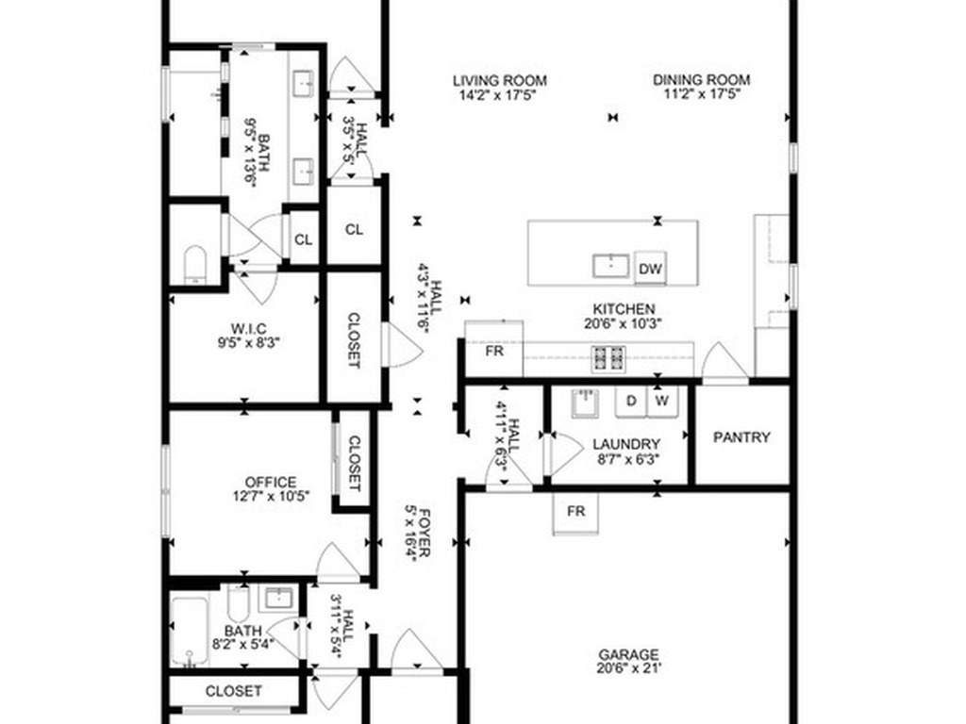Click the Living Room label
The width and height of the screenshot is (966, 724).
click(x=500, y=81)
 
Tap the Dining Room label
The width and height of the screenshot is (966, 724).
click(x=701, y=80)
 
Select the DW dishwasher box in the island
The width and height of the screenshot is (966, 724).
click(x=650, y=269)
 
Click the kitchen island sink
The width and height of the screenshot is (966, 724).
click(x=610, y=266)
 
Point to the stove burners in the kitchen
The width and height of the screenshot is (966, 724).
click(x=608, y=358)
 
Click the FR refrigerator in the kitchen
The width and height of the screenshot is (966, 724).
click(x=493, y=349)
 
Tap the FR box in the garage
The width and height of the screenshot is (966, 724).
click(x=575, y=513)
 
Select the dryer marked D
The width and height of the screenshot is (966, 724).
click(x=631, y=402)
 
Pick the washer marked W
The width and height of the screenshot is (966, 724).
click(x=661, y=402)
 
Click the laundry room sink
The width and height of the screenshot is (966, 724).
click(x=585, y=403)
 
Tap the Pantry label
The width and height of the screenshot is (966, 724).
click(x=741, y=437)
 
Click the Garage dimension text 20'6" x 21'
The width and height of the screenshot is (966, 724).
click(x=629, y=668)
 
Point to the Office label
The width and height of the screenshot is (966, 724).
click(x=271, y=482)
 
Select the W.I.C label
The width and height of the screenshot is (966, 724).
click(x=249, y=329)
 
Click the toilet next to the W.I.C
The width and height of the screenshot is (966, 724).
click(x=195, y=265)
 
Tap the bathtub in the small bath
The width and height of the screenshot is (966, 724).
click(x=190, y=631)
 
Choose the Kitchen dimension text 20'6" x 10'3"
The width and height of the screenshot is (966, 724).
click(x=623, y=323)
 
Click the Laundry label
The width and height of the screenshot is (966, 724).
click(x=626, y=444)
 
